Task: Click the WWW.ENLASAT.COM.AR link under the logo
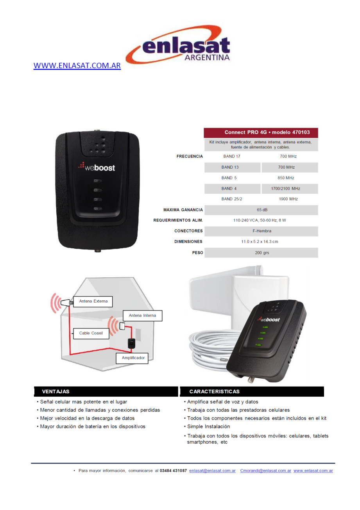(77, 66)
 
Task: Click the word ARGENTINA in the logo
(207, 57)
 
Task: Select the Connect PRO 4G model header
(261, 132)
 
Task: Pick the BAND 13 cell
(232, 168)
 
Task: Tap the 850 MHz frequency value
(286, 178)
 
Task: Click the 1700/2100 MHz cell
(290, 189)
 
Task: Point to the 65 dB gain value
(262, 210)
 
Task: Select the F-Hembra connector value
(262, 231)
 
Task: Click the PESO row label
(197, 253)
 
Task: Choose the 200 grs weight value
(262, 253)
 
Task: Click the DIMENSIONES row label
(188, 242)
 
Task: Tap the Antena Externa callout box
(93, 301)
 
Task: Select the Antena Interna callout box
(142, 316)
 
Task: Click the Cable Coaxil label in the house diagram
(91, 333)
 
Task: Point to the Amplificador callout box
(132, 358)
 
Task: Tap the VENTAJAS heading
(56, 392)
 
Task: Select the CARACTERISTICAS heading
(215, 392)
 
